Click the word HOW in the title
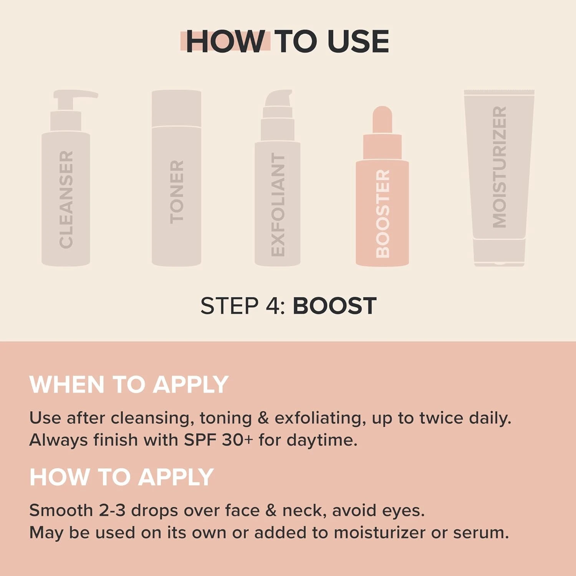click(225, 41)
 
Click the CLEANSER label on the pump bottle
click(66, 199)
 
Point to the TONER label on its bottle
click(177, 192)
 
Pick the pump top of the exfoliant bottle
click(278, 101)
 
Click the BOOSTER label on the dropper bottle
click(382, 214)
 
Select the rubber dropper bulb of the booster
click(382, 119)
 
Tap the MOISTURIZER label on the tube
click(499, 167)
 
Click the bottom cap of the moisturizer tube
click(499, 252)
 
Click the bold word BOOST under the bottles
click(334, 306)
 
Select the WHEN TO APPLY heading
click(129, 384)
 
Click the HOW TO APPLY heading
click(121, 477)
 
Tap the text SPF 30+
click(218, 440)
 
